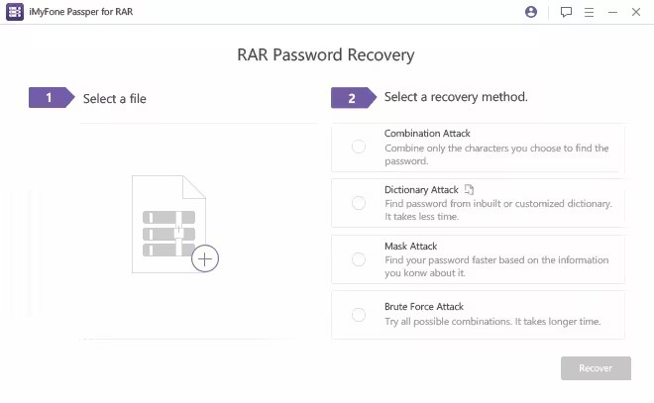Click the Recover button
[x=596, y=368]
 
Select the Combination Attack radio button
[x=359, y=147]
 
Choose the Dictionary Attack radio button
[x=359, y=203]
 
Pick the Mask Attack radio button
[x=359, y=259]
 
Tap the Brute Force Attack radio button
[x=359, y=315]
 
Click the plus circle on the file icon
[x=205, y=259]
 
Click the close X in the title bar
[x=634, y=13]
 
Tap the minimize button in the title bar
[x=611, y=13]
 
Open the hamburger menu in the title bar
[x=589, y=13]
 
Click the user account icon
[x=531, y=13]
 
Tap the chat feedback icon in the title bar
[x=566, y=13]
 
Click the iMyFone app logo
[x=15, y=13]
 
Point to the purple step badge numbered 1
[x=50, y=98]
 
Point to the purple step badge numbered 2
[x=352, y=98]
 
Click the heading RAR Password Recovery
[x=326, y=55]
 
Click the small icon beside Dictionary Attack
[x=470, y=189]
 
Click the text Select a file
[x=114, y=99]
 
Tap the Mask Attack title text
[x=410, y=246]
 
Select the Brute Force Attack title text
[x=423, y=307]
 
